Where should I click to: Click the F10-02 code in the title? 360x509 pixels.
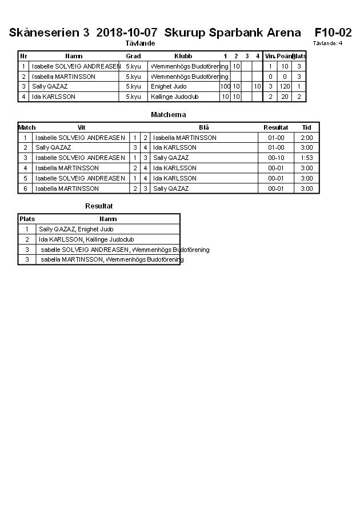(333, 33)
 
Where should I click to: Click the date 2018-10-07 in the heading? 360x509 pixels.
(126, 33)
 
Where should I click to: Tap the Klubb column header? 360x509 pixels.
(183, 56)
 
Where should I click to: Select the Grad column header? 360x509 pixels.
(133, 56)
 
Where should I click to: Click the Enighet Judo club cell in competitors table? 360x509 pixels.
(169, 86)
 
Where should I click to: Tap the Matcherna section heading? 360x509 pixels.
(168, 115)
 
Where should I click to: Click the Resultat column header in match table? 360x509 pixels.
(275, 127)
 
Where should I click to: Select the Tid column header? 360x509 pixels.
(307, 127)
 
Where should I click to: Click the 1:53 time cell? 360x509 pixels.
(307, 158)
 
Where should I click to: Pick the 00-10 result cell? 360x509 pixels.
(276, 158)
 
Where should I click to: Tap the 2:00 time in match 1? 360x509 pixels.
(307, 138)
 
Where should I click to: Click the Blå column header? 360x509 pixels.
(204, 127)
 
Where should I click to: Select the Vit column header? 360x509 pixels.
(81, 127)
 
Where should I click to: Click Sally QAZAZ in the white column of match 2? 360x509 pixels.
(53, 147)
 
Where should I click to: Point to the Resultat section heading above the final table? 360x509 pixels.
(99, 205)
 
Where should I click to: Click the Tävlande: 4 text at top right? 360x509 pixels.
(327, 43)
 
